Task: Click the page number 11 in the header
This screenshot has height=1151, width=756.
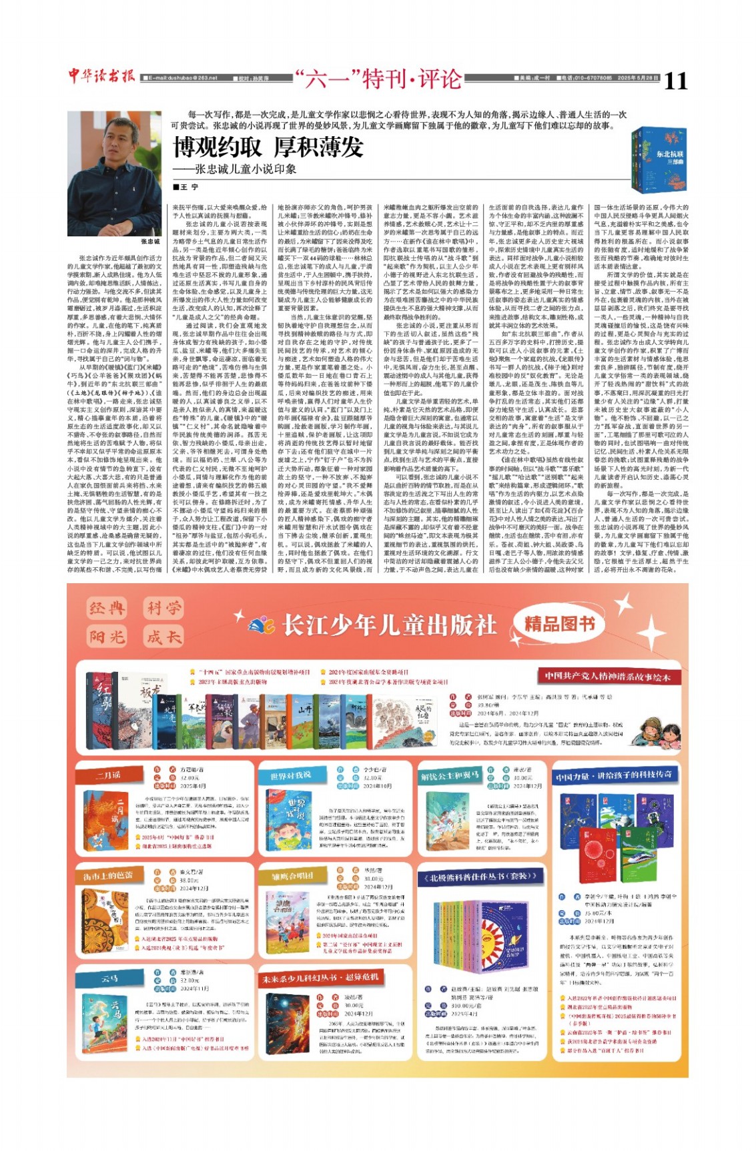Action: point(675,80)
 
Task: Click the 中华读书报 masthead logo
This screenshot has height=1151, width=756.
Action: point(102,76)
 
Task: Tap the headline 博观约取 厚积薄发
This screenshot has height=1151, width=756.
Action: point(268,146)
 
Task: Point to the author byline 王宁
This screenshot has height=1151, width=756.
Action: point(187,187)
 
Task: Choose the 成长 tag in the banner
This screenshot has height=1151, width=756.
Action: point(163,637)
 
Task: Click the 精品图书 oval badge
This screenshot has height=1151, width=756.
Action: point(559,624)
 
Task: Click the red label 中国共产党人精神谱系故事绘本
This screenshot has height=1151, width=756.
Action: point(606,676)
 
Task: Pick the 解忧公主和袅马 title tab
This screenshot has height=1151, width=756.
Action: point(450,775)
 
